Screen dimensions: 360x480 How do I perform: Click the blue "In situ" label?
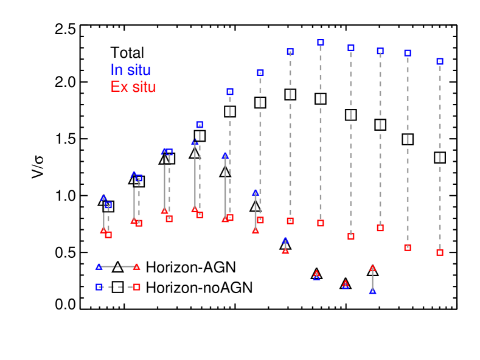point(130,70)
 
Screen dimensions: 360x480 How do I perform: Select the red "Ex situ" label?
point(133,87)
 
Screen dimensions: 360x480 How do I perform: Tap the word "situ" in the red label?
point(144,87)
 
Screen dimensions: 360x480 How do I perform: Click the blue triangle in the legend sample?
point(99,266)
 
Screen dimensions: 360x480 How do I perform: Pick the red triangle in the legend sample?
point(136,266)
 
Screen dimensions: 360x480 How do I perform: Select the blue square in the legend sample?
point(99,287)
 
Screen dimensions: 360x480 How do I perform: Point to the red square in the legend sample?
point(137,287)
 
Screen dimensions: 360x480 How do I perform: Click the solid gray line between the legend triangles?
point(117,266)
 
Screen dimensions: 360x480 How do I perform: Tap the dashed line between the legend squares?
point(118,287)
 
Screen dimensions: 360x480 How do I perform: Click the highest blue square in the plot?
point(321,43)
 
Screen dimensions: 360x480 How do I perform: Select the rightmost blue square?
point(440,61)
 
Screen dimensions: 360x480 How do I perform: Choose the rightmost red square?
point(440,252)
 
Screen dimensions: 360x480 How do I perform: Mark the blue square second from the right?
point(408,53)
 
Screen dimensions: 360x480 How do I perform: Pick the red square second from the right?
point(408,247)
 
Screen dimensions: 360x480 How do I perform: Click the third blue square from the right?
point(380,51)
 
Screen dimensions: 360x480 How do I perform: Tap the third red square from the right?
point(380,228)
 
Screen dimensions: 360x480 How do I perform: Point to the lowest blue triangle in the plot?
point(372,291)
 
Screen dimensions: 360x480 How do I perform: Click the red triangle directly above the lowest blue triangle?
point(372,268)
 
